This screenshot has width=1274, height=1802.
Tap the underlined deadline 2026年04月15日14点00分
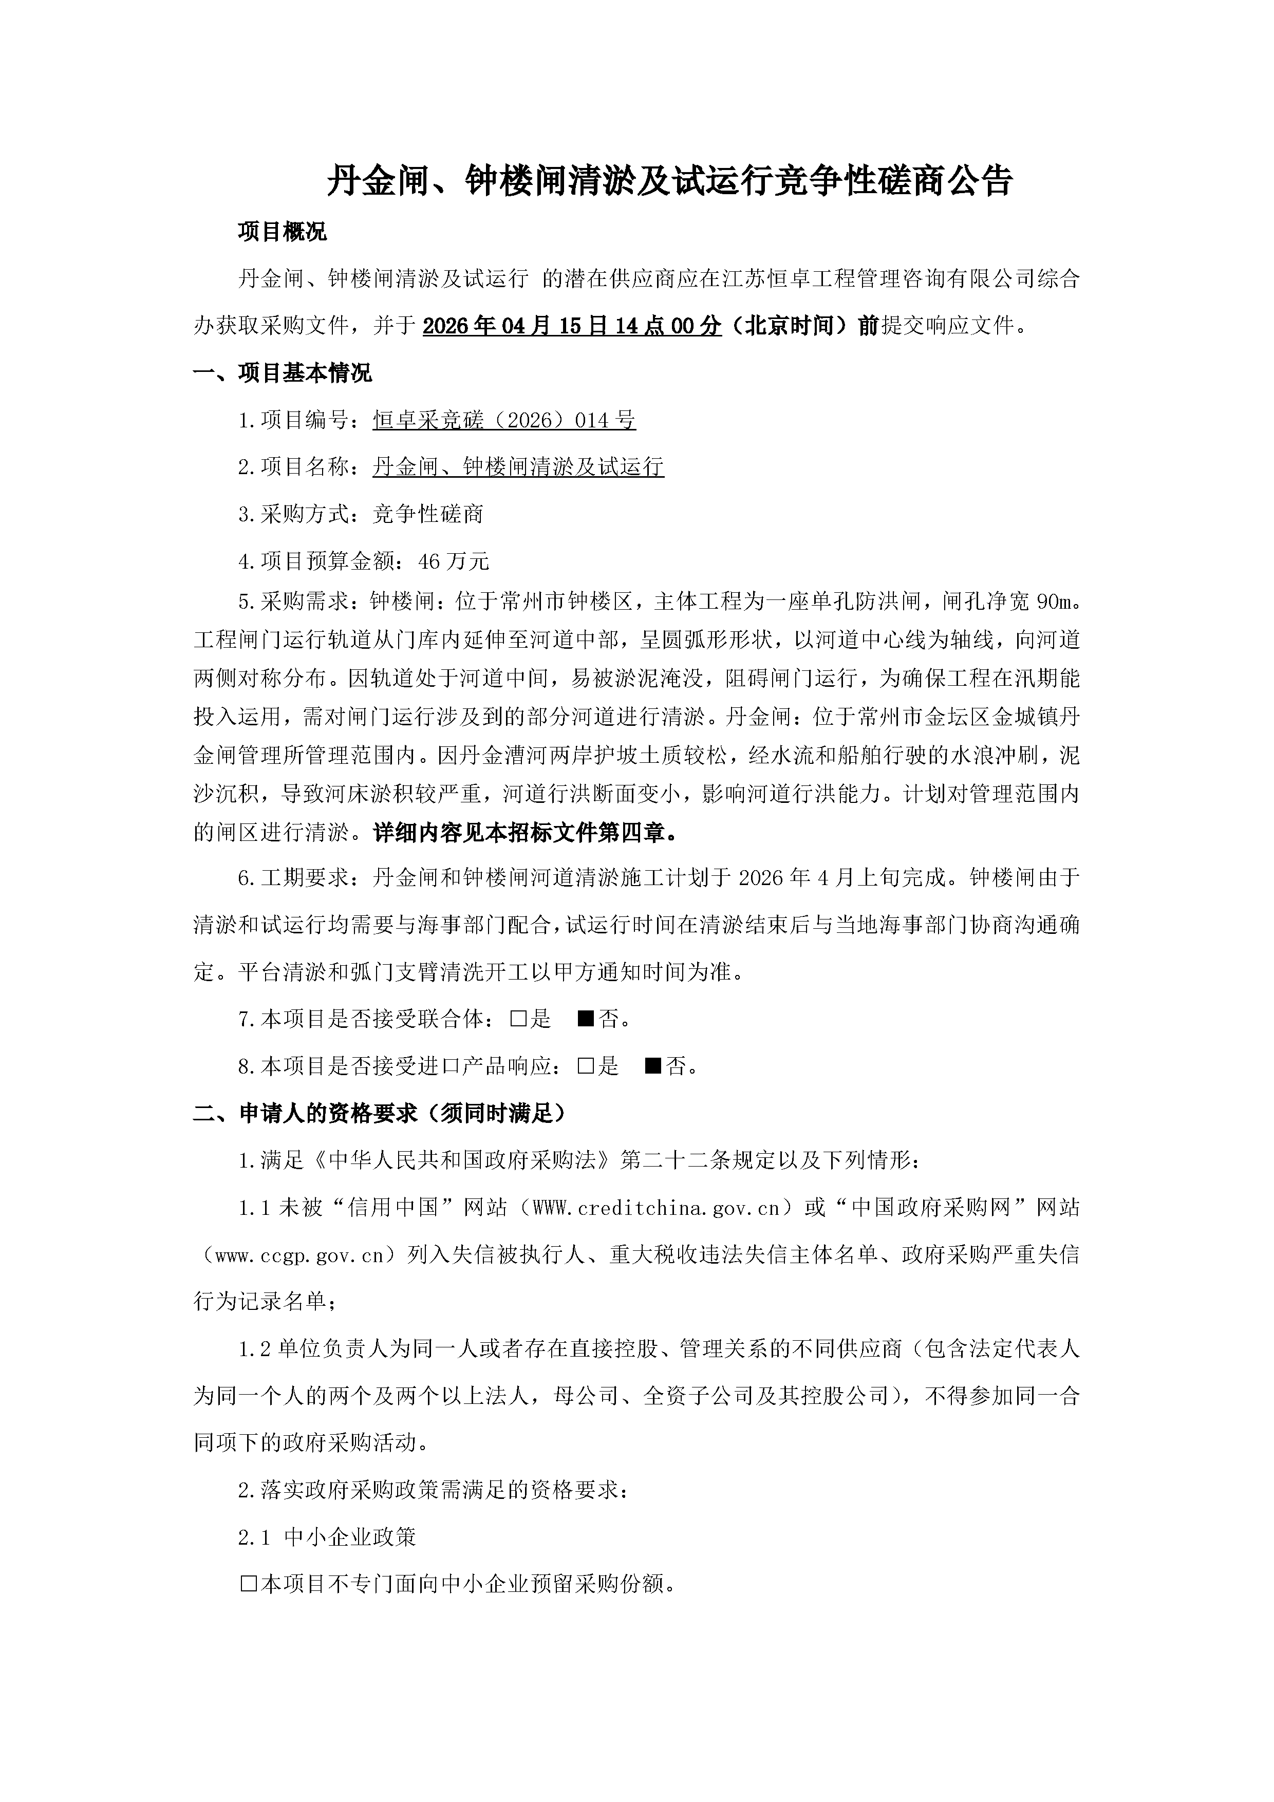click(571, 326)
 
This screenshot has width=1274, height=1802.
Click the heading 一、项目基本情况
click(282, 373)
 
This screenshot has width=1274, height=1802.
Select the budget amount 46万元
click(455, 561)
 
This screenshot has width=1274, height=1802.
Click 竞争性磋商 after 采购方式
click(428, 514)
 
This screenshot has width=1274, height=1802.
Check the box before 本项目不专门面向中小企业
click(248, 1585)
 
